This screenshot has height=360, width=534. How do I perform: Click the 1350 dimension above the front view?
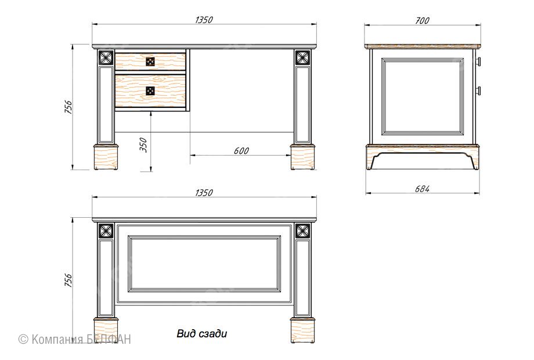pyautogui.click(x=204, y=20)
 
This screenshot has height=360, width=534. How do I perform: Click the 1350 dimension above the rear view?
pyautogui.click(x=204, y=193)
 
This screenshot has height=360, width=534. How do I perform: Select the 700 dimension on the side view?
pyautogui.click(x=423, y=21)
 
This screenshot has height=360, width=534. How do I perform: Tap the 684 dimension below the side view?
pyautogui.click(x=423, y=189)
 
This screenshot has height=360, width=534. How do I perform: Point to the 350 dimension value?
pyautogui.click(x=144, y=145)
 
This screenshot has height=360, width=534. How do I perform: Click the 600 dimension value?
pyautogui.click(x=241, y=150)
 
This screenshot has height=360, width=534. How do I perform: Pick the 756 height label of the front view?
pyautogui.click(x=68, y=107)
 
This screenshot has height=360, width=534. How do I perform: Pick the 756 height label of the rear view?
pyautogui.click(x=68, y=280)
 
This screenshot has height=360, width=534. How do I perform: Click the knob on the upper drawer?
pyautogui.click(x=150, y=62)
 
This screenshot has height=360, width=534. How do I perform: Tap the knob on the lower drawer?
pyautogui.click(x=150, y=91)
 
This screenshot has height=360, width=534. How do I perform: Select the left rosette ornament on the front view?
pyautogui.click(x=106, y=57)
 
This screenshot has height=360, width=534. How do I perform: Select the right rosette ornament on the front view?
pyautogui.click(x=302, y=57)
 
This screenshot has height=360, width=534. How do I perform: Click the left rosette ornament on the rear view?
pyautogui.click(x=106, y=231)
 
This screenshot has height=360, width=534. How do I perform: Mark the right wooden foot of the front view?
pyautogui.click(x=302, y=157)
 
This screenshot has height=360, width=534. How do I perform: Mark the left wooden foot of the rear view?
pyautogui.click(x=106, y=330)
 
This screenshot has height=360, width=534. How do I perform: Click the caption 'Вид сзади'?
pyautogui.click(x=201, y=333)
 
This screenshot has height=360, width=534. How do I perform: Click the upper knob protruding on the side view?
pyautogui.click(x=478, y=62)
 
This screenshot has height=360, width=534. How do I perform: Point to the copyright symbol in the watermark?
pyautogui.click(x=23, y=339)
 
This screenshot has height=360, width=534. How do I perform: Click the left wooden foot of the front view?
pyautogui.click(x=106, y=157)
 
